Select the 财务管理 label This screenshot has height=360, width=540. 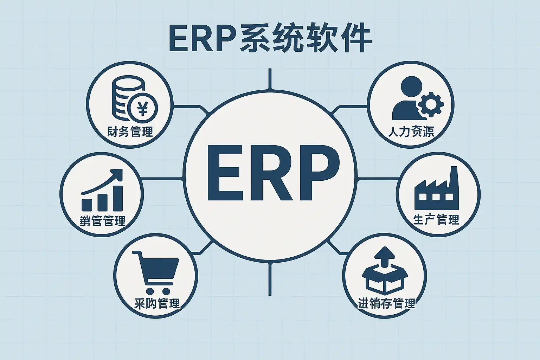(130, 132)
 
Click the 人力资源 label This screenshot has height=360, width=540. (411, 131)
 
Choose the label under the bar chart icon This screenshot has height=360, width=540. (103, 221)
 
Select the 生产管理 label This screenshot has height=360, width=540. (436, 220)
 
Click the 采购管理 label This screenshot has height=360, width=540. (157, 303)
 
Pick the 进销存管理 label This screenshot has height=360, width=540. (386, 303)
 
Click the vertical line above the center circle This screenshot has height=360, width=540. (270, 79)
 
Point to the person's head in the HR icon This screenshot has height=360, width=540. (411, 86)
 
